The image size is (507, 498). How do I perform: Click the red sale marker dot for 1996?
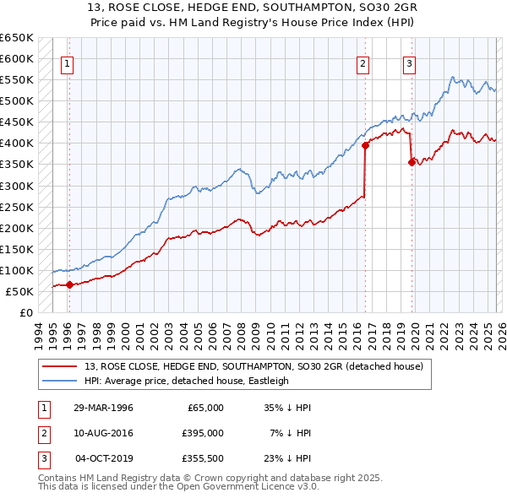[x=68, y=284]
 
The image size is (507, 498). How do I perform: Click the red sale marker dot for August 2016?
[x=365, y=145]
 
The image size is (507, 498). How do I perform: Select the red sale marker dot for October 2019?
[x=412, y=162]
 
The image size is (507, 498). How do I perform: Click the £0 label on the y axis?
[x=25, y=312]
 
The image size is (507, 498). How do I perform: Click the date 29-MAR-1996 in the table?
[x=103, y=408]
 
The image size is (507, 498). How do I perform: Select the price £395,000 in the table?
[x=203, y=433]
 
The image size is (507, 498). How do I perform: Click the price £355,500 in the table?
[x=203, y=458]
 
